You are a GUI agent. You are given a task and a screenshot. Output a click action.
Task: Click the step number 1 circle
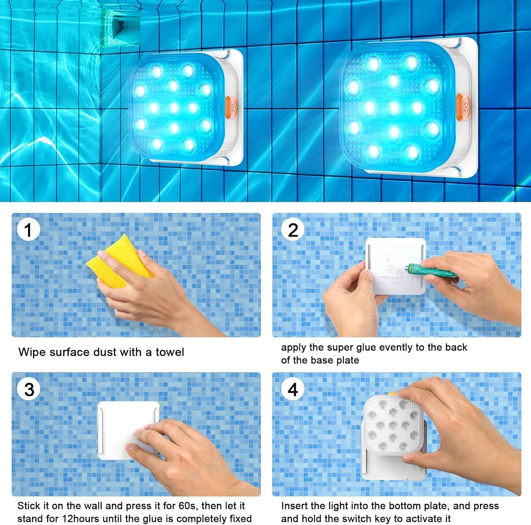pos(28,230)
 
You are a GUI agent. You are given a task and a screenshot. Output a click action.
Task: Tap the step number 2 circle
pos(293,230)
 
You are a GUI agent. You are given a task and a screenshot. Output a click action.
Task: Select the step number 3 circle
pos(29,390)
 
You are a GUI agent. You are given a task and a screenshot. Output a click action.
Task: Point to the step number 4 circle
pos(293,390)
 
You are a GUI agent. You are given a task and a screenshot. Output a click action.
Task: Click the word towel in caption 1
pos(170,352)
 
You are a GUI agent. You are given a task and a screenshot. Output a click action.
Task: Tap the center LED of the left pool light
pos(173,107)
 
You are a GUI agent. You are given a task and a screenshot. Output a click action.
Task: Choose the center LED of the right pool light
pos(393,108)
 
